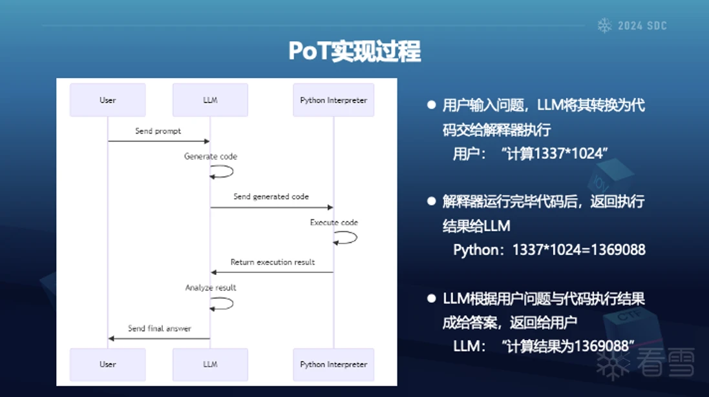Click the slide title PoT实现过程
click(x=354, y=51)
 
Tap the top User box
click(x=107, y=100)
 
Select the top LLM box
click(x=210, y=100)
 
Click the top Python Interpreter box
click(x=333, y=100)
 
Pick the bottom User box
click(x=107, y=364)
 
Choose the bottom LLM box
click(x=210, y=364)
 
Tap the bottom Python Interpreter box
click(x=333, y=364)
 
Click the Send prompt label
click(x=158, y=131)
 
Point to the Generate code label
click(x=211, y=156)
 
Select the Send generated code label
click(x=271, y=196)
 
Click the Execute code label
click(x=333, y=222)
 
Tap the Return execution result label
click(x=273, y=262)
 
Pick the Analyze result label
click(x=211, y=287)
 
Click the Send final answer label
click(x=159, y=328)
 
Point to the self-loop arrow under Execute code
click(x=346, y=238)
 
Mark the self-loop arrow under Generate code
click(x=223, y=171)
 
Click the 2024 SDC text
click(x=642, y=26)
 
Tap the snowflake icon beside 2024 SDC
click(x=604, y=26)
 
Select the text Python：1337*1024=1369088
click(x=549, y=250)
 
